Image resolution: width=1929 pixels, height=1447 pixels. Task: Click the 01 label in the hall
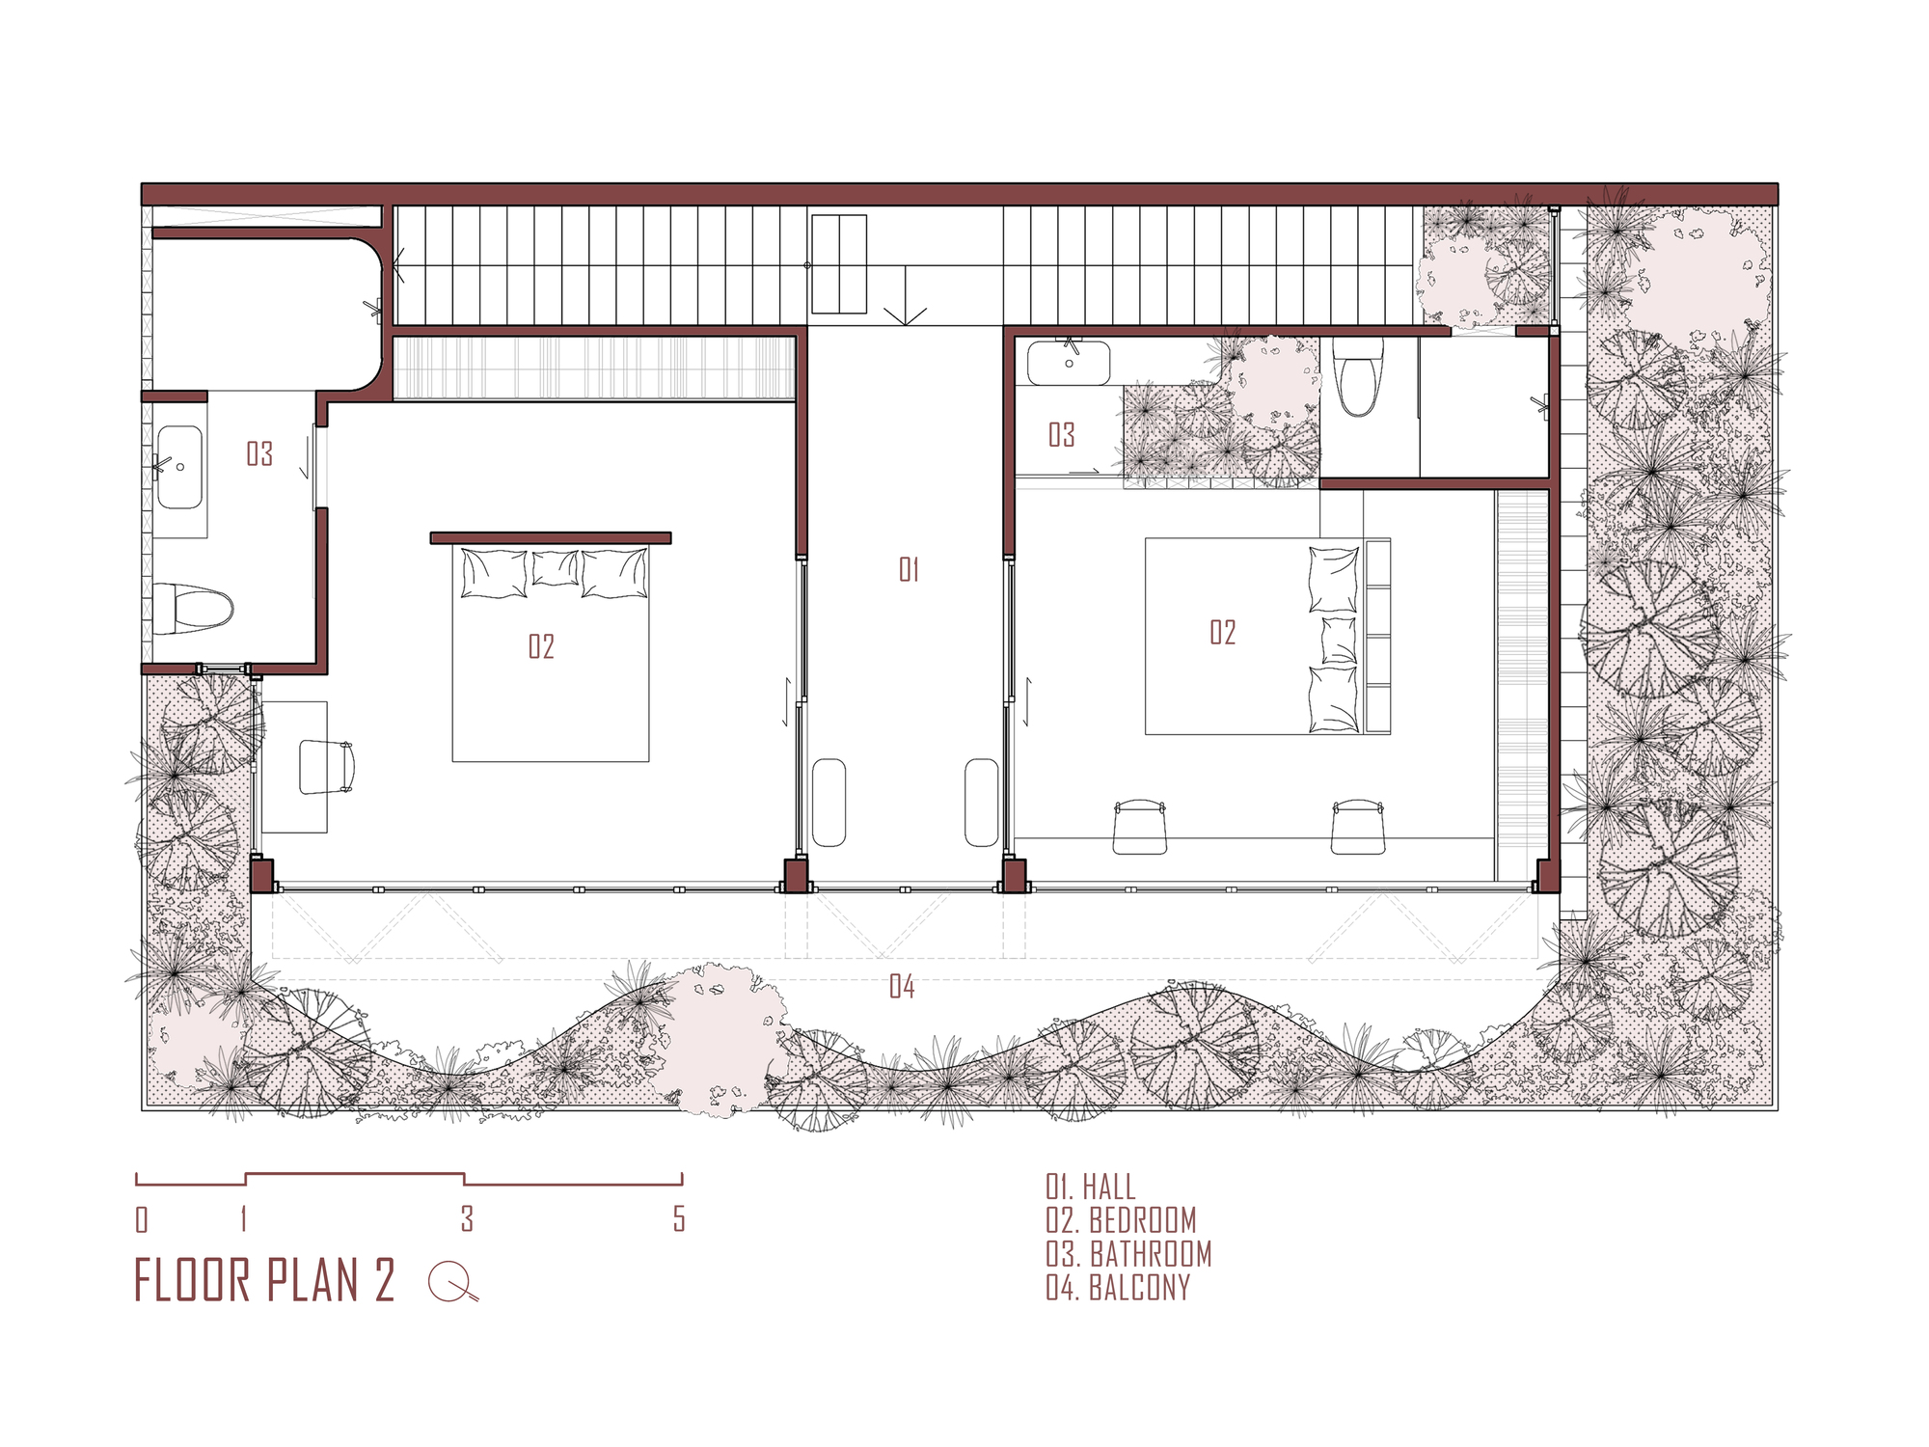point(909,569)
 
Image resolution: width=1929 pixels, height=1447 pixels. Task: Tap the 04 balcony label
point(902,986)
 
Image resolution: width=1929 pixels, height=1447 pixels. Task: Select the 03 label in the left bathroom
point(259,453)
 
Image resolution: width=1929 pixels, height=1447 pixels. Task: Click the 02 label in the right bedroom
point(1222,632)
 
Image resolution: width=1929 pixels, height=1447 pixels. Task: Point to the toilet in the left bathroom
point(194,609)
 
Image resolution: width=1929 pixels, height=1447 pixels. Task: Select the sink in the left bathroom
point(179,468)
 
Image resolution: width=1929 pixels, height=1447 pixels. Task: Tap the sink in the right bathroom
point(1068,364)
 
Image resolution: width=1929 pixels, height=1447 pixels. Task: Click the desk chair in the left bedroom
point(326,767)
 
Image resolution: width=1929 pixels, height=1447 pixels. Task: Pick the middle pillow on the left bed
point(555,567)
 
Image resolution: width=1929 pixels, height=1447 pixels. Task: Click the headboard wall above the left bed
point(550,537)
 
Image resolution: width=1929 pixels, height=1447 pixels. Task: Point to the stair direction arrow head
point(905,315)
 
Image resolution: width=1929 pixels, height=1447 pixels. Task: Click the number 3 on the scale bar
point(467,1218)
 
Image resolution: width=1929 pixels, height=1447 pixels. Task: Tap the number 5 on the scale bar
point(679,1218)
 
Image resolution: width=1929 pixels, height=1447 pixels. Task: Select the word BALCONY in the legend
point(1139,1288)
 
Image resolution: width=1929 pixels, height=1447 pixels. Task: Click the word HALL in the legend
point(1109,1187)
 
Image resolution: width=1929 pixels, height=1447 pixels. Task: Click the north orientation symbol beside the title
point(451,1281)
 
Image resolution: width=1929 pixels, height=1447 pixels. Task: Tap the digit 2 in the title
point(384,1280)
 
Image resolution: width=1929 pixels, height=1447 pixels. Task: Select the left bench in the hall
point(829,803)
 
